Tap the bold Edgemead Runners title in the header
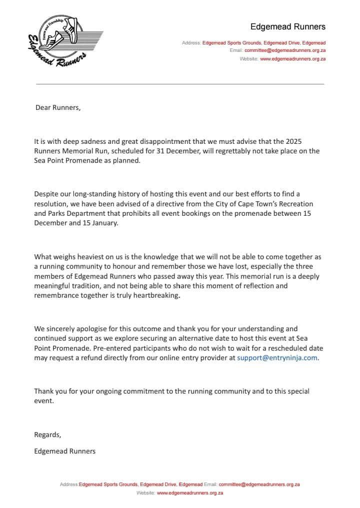(287, 26)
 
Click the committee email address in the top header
(285, 51)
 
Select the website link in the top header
(293, 59)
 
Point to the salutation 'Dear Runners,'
(57, 107)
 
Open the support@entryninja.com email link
(277, 358)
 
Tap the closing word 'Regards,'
(47, 435)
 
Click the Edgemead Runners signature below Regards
(64, 451)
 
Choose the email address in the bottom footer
(259, 485)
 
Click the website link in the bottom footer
(190, 493)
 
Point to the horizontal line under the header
(180, 83)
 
